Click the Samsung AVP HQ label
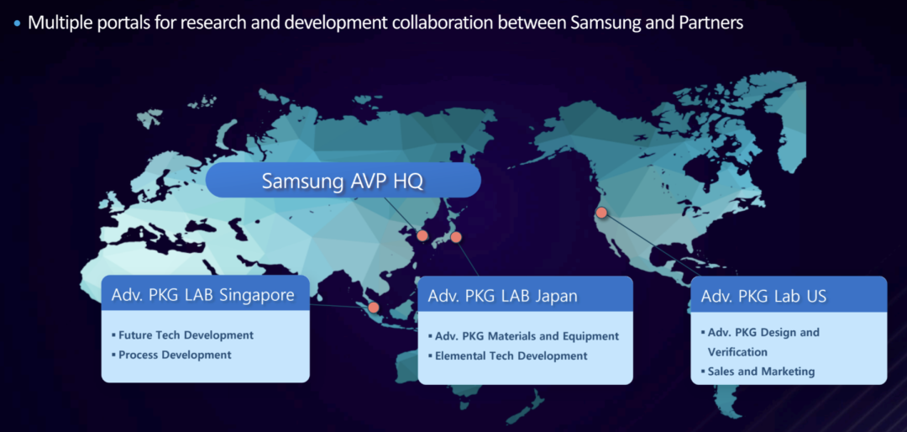pyautogui.click(x=343, y=181)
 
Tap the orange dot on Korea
pyautogui.click(x=422, y=235)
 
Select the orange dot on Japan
pyautogui.click(x=456, y=237)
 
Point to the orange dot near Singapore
pyautogui.click(x=374, y=308)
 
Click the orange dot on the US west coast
pyautogui.click(x=601, y=213)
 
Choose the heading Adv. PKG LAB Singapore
pyautogui.click(x=202, y=295)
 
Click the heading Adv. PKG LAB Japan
pyautogui.click(x=503, y=297)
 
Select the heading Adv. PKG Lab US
pyautogui.click(x=763, y=297)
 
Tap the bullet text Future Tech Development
pyautogui.click(x=186, y=335)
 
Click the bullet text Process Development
pyautogui.click(x=175, y=355)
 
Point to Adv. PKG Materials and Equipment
pyautogui.click(x=527, y=336)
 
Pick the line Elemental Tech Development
pyautogui.click(x=511, y=356)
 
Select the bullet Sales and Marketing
pyautogui.click(x=761, y=371)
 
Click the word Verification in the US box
pyautogui.click(x=737, y=352)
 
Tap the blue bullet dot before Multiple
pyautogui.click(x=17, y=24)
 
